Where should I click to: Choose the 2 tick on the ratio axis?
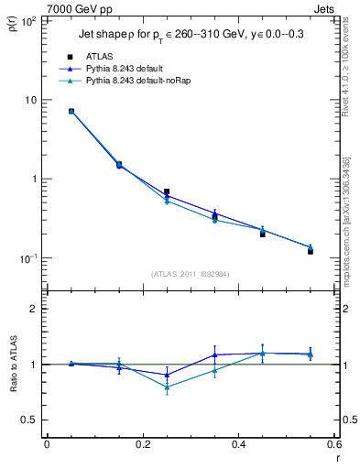pos(31,309)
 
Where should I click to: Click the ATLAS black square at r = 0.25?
pos(167,191)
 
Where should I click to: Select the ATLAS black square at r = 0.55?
pos(311,251)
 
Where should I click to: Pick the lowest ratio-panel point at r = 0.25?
pos(167,387)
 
